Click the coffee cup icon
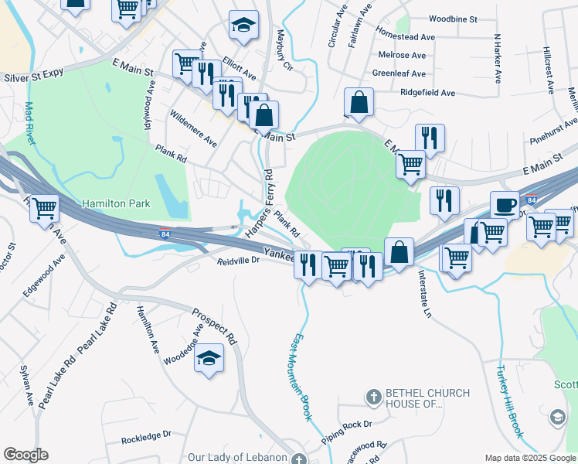505,206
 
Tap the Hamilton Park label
116,204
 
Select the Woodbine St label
453,18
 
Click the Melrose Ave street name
402,56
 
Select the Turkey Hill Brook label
510,401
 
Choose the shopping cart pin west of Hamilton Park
45,207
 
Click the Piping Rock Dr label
347,424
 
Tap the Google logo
25,455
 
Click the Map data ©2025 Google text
529,458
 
